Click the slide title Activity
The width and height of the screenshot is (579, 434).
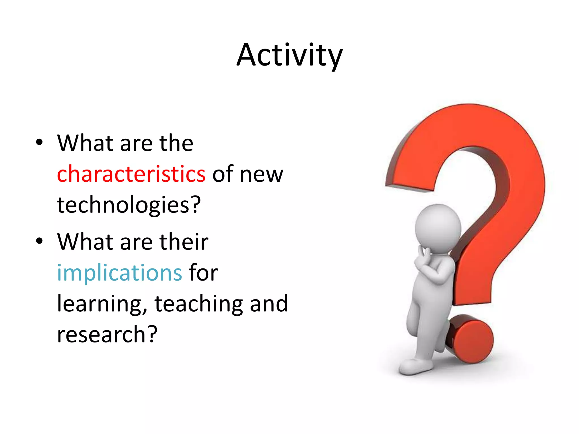289,55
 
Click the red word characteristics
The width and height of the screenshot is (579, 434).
131,174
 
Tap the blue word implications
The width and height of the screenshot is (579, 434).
120,273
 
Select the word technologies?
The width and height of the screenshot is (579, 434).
129,205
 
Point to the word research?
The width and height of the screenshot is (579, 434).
107,334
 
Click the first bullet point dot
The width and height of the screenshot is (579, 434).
40,142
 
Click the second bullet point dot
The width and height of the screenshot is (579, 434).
40,241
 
